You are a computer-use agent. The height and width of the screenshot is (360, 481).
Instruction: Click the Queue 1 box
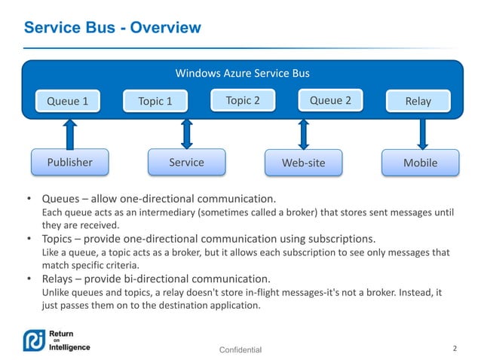pyautogui.click(x=68, y=101)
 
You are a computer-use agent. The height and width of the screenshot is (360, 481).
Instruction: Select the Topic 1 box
pyautogui.click(x=155, y=101)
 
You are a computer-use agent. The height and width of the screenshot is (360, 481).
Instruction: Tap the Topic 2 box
pyautogui.click(x=242, y=100)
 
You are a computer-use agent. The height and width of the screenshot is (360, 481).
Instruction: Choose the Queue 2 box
pyautogui.click(x=330, y=100)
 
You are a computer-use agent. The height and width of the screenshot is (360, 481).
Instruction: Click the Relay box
pyautogui.click(x=418, y=101)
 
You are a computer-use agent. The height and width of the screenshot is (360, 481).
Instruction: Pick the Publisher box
pyautogui.click(x=69, y=162)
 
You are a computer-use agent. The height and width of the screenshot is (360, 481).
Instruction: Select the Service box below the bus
pyautogui.click(x=186, y=162)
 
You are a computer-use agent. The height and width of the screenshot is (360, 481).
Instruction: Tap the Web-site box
pyautogui.click(x=303, y=162)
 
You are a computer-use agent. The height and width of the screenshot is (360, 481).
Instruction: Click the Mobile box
pyautogui.click(x=420, y=162)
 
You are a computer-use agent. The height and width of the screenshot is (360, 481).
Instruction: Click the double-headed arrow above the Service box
pyautogui.click(x=186, y=133)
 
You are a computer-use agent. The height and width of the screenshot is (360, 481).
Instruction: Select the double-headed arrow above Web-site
pyautogui.click(x=304, y=133)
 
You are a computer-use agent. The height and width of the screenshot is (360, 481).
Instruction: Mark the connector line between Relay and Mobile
pyautogui.click(x=420, y=133)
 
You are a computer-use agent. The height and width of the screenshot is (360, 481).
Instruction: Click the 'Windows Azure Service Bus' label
pyautogui.click(x=242, y=74)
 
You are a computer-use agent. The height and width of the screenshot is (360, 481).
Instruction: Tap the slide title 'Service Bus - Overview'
pyautogui.click(x=113, y=29)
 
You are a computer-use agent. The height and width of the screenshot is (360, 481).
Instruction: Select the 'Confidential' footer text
pyautogui.click(x=240, y=350)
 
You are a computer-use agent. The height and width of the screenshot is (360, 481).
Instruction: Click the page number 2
pyautogui.click(x=455, y=349)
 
